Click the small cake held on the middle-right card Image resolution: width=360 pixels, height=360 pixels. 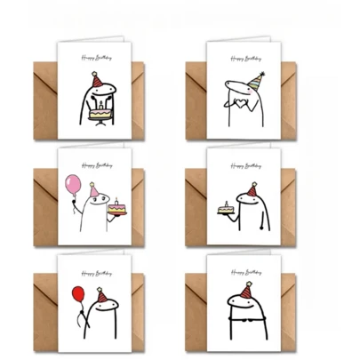pos(223,209)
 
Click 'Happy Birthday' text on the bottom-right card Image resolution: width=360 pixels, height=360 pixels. pos(244,268)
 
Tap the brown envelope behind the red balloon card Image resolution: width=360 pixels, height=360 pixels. pos(49,311)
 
